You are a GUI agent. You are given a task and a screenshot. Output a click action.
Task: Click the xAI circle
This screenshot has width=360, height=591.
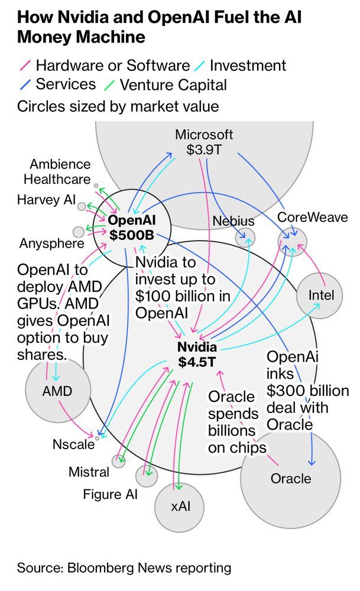click(180, 507)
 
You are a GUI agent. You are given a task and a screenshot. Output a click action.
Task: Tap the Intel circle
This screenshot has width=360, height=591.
click(320, 295)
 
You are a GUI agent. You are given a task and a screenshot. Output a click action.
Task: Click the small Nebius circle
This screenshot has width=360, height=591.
click(245, 238)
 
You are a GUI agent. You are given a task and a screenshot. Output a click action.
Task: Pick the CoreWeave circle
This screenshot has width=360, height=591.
click(293, 242)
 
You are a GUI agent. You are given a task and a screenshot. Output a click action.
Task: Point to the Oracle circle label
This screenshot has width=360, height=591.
click(291, 479)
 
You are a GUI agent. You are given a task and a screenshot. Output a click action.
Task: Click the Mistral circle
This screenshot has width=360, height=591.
click(118, 461)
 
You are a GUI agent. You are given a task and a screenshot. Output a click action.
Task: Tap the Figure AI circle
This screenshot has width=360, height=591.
click(146, 476)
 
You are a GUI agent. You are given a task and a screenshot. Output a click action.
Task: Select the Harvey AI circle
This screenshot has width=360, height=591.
click(82, 206)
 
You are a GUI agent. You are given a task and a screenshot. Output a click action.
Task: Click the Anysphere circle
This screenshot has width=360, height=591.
click(79, 232)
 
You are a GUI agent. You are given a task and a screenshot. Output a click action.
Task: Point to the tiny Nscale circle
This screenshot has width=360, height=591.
click(98, 439)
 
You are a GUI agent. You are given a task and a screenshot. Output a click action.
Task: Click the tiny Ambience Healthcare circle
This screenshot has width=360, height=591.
click(96, 186)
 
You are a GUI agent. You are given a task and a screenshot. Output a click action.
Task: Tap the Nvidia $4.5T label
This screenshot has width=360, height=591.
click(197, 354)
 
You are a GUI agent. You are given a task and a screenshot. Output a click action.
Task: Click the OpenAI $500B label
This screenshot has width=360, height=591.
click(132, 228)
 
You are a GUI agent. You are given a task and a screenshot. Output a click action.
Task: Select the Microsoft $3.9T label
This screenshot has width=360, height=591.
click(204, 142)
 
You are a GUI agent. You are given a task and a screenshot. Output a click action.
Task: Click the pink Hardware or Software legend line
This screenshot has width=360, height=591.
click(25, 65)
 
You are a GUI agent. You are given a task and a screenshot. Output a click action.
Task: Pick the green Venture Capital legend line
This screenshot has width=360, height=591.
click(109, 85)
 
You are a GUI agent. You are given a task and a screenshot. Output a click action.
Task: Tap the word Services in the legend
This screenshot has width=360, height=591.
click(66, 84)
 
